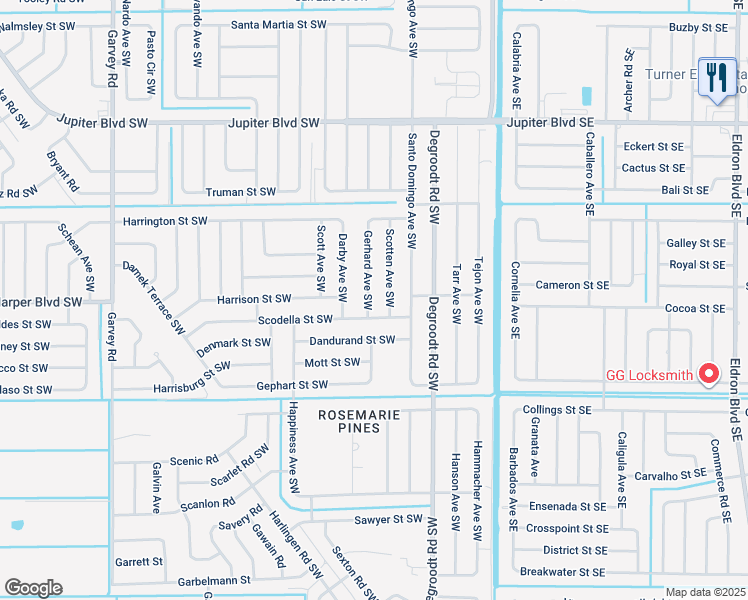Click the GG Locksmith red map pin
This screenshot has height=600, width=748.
pos(710,374)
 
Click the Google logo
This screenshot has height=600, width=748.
pos(33,588)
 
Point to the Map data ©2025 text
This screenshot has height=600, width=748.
pos(704,592)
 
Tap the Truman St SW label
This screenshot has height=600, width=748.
pos(240,192)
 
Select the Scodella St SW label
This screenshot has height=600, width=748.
pos(295,319)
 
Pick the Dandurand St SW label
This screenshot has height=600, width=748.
pos(352,340)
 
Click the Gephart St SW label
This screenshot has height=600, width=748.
pos(293,385)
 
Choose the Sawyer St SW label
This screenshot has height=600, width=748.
pos(389,520)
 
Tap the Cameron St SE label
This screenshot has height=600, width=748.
pos(572,285)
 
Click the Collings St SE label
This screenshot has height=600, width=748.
pos(557,410)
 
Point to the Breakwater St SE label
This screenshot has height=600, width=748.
pos(562,572)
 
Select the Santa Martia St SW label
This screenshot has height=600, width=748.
pos(278,24)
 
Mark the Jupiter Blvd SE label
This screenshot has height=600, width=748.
pos(550,122)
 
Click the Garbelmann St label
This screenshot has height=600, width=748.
pos(213,581)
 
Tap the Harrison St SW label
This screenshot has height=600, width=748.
pos(254,299)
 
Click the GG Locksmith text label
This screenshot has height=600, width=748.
pos(651,376)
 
